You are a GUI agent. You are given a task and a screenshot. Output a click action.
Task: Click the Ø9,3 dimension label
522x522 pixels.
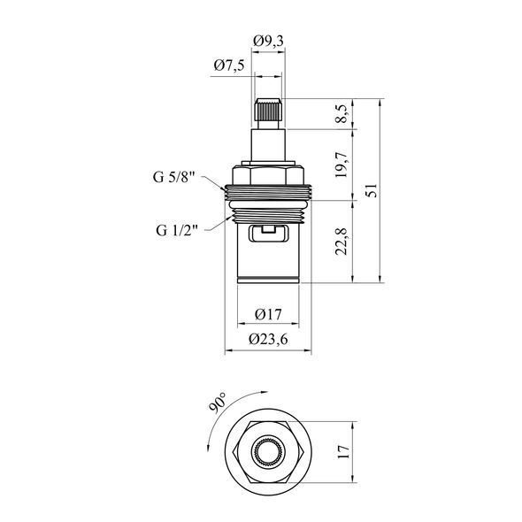(x=268, y=42)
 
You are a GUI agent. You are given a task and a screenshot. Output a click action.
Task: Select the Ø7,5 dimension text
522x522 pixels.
(x=229, y=65)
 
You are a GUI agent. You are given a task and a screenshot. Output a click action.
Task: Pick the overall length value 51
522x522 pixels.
(x=372, y=190)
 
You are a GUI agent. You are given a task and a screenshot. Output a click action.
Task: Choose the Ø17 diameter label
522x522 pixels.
(x=268, y=314)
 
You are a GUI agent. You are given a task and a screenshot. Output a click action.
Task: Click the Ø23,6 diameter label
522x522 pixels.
(x=268, y=340)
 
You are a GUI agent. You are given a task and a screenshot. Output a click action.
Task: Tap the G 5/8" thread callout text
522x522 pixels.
(x=173, y=178)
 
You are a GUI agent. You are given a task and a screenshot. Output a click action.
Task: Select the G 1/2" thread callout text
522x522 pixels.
(x=177, y=230)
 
